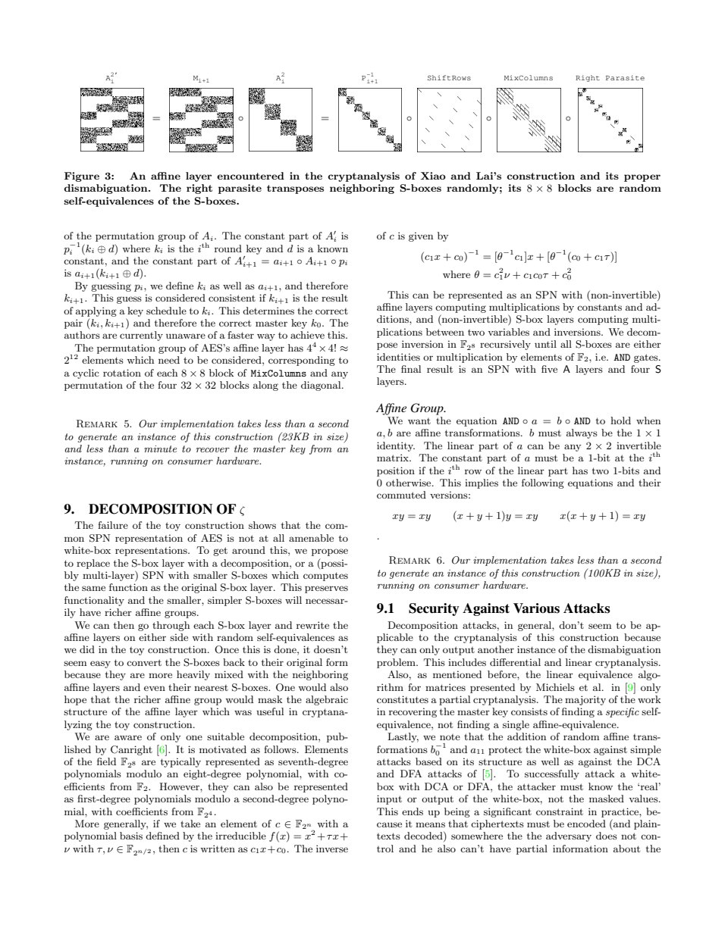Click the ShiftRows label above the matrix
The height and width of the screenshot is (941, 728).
point(448,78)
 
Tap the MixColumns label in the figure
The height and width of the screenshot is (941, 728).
point(528,78)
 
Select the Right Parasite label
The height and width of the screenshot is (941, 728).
point(610,78)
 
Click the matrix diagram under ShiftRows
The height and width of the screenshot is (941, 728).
point(448,118)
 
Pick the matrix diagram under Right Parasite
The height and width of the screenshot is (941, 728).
point(610,118)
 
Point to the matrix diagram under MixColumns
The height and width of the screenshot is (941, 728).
point(529,118)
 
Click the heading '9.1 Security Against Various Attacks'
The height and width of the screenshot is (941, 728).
point(493,608)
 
